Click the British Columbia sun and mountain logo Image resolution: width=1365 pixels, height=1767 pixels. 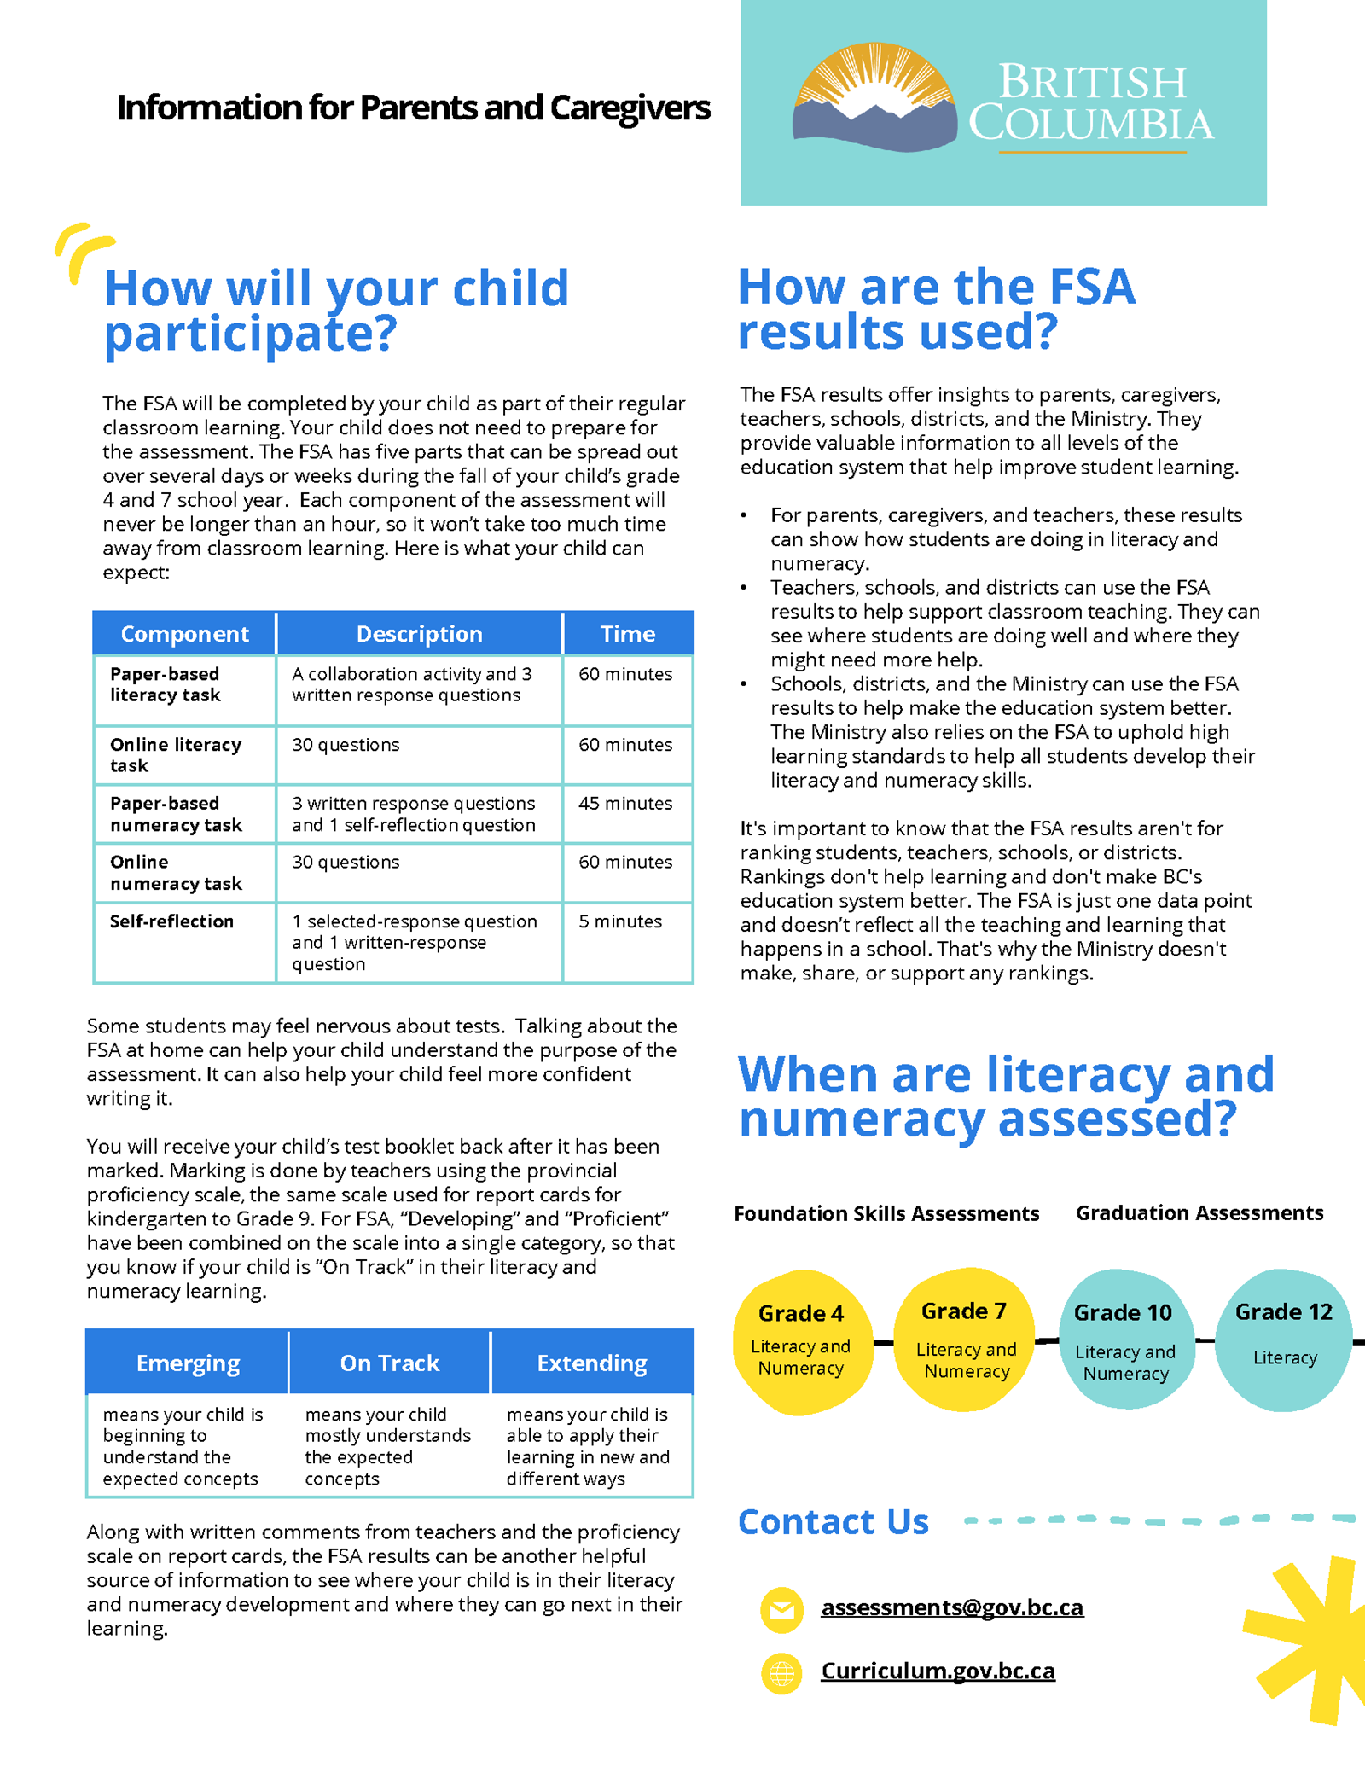tap(874, 98)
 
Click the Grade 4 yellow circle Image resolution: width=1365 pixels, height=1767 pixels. tap(801, 1341)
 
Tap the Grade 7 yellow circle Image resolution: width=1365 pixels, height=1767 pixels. tap(965, 1340)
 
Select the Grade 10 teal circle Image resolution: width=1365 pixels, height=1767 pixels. tap(1124, 1340)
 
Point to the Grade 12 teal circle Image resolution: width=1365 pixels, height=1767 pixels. tap(1283, 1338)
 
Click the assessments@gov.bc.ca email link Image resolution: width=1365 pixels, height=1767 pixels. tap(951, 1607)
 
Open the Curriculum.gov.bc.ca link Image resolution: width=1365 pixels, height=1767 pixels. tap(938, 1671)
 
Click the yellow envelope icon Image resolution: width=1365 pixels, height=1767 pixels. tap(781, 1610)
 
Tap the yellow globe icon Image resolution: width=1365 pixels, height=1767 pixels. tap(781, 1673)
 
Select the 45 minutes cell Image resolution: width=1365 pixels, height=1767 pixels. tap(625, 804)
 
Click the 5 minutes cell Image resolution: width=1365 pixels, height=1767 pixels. tap(620, 921)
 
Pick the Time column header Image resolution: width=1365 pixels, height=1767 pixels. tap(628, 634)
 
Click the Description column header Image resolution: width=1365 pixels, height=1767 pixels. tap(419, 634)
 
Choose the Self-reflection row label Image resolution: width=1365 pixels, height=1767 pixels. tap(171, 921)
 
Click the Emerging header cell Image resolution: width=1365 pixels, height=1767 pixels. tap(188, 1363)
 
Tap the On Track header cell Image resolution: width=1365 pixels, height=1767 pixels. tap(389, 1363)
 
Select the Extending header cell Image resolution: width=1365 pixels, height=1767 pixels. tap(591, 1363)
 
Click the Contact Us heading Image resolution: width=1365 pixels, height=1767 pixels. tap(833, 1522)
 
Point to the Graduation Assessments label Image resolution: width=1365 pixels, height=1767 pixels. tap(1199, 1212)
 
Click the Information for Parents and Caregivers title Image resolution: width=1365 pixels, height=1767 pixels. tap(413, 108)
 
